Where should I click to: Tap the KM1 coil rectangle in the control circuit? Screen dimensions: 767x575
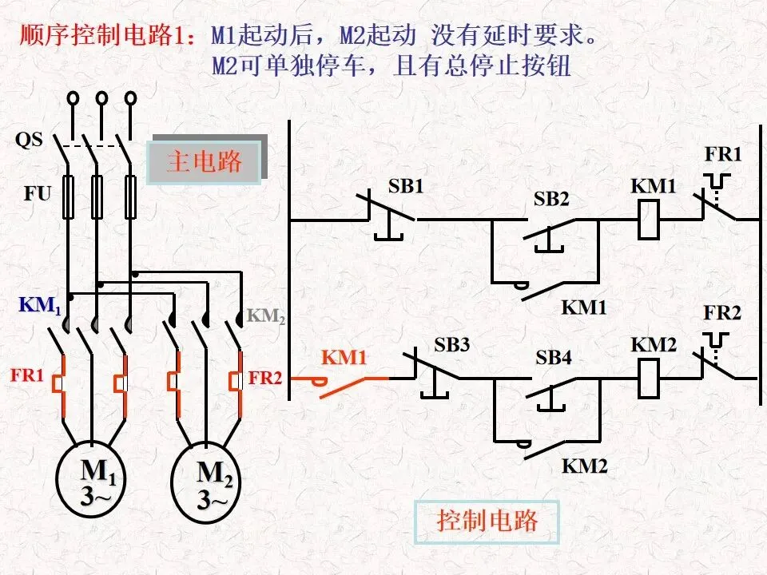tap(649, 220)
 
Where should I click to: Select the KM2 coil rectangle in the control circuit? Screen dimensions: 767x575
tap(649, 378)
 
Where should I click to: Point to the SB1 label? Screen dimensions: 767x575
tap(406, 186)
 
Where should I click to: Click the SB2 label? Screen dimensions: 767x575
tap(551, 199)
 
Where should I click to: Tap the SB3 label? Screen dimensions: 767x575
tap(451, 345)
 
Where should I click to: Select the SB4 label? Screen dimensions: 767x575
tap(553, 358)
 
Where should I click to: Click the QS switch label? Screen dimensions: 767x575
tap(29, 140)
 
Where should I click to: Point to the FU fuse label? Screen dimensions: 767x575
tap(38, 193)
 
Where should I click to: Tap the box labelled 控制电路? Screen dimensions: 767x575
tap(487, 521)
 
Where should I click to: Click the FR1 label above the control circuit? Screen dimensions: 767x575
tap(723, 154)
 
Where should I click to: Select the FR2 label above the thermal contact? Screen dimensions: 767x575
tap(722, 313)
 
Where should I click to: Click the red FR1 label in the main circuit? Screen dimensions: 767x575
tap(27, 375)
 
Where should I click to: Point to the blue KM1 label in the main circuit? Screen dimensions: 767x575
tap(40, 305)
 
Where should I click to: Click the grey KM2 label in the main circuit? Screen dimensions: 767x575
tap(265, 316)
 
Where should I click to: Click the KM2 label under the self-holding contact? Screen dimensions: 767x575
tap(585, 466)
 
